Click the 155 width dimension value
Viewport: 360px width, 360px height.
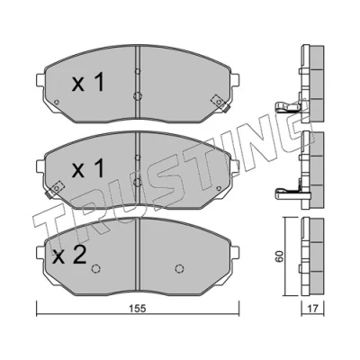pyautogui.click(x=138, y=309)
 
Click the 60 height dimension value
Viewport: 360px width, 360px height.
pyautogui.click(x=279, y=256)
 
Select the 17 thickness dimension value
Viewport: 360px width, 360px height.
pyautogui.click(x=312, y=309)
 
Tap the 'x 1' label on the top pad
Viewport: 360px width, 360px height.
pyautogui.click(x=88, y=83)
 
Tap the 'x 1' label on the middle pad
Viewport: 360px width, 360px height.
pyautogui.click(x=88, y=168)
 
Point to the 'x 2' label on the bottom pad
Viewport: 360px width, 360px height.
pyautogui.click(x=69, y=255)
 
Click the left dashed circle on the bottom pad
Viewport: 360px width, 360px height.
pyautogui.click(x=95, y=268)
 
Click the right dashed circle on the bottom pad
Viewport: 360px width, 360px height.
pyautogui.click(x=179, y=268)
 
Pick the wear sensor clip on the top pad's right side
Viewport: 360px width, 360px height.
pyautogui.click(x=220, y=103)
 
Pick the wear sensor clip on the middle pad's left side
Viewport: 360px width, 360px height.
pyautogui.click(x=54, y=190)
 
